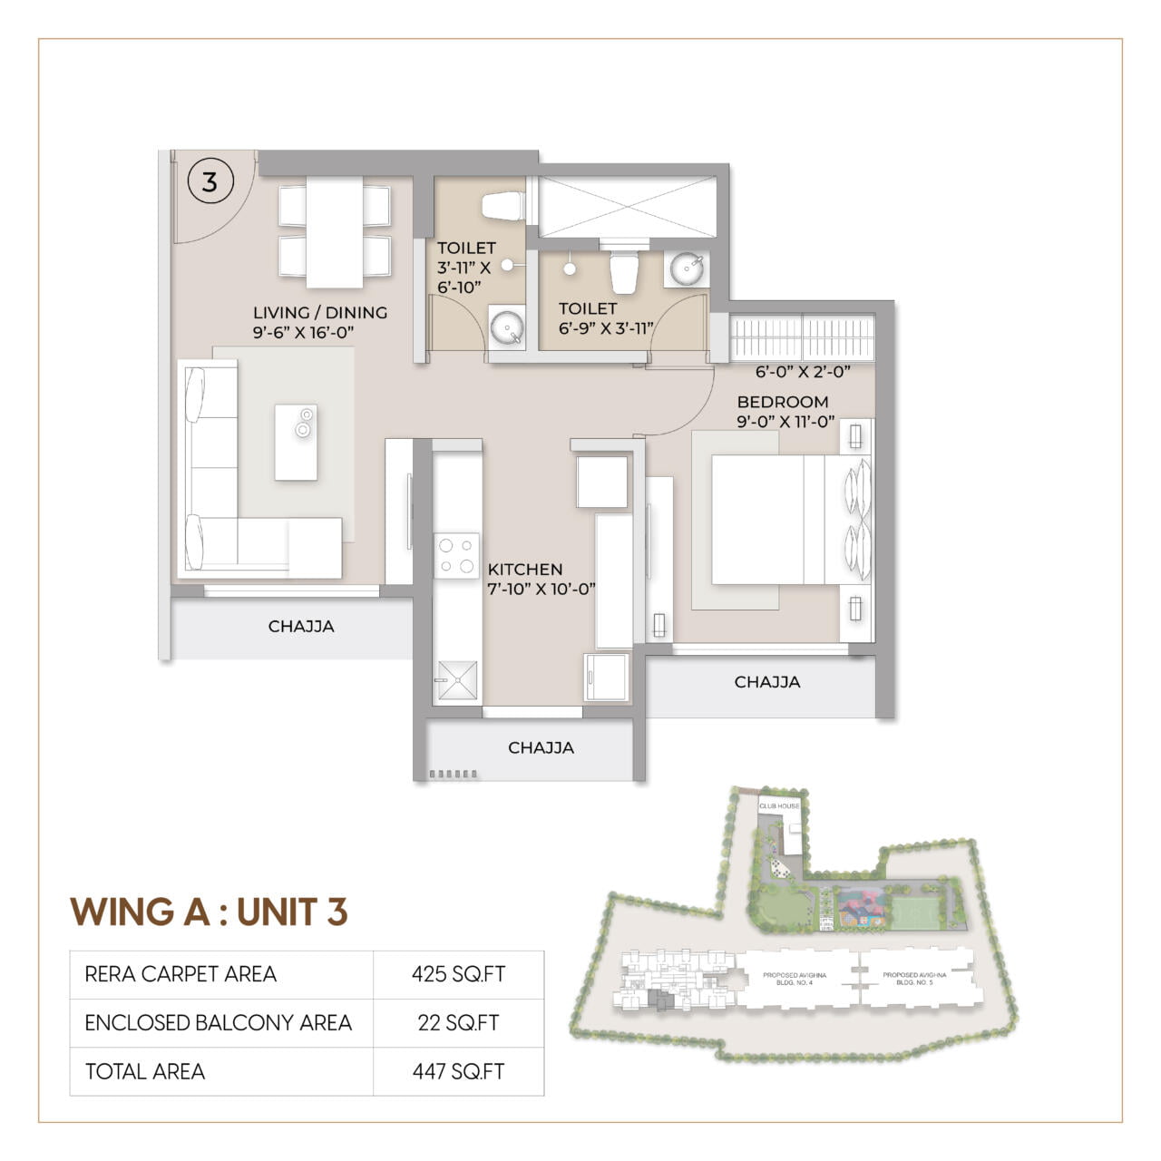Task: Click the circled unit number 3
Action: coord(210,181)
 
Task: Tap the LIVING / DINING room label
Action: coord(319,313)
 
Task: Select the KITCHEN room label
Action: coord(525,570)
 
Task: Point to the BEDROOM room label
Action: coord(782,402)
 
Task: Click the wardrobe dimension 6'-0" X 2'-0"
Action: coord(802,371)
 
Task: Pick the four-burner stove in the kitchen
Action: coord(456,555)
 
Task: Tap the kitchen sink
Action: coord(456,679)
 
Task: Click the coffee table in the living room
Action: coord(296,443)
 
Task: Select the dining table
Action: coord(334,231)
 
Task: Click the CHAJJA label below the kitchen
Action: coord(541,747)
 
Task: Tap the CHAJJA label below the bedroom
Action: coord(766,682)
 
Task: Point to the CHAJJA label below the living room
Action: coord(301,626)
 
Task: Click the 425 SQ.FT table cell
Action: coord(458,974)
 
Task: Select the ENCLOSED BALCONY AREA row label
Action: coord(218,1023)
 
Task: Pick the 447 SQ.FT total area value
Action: coord(458,1071)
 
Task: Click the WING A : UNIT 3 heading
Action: coord(209,912)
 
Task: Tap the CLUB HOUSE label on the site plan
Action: coord(779,805)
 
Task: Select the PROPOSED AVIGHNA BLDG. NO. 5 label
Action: coord(914,978)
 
